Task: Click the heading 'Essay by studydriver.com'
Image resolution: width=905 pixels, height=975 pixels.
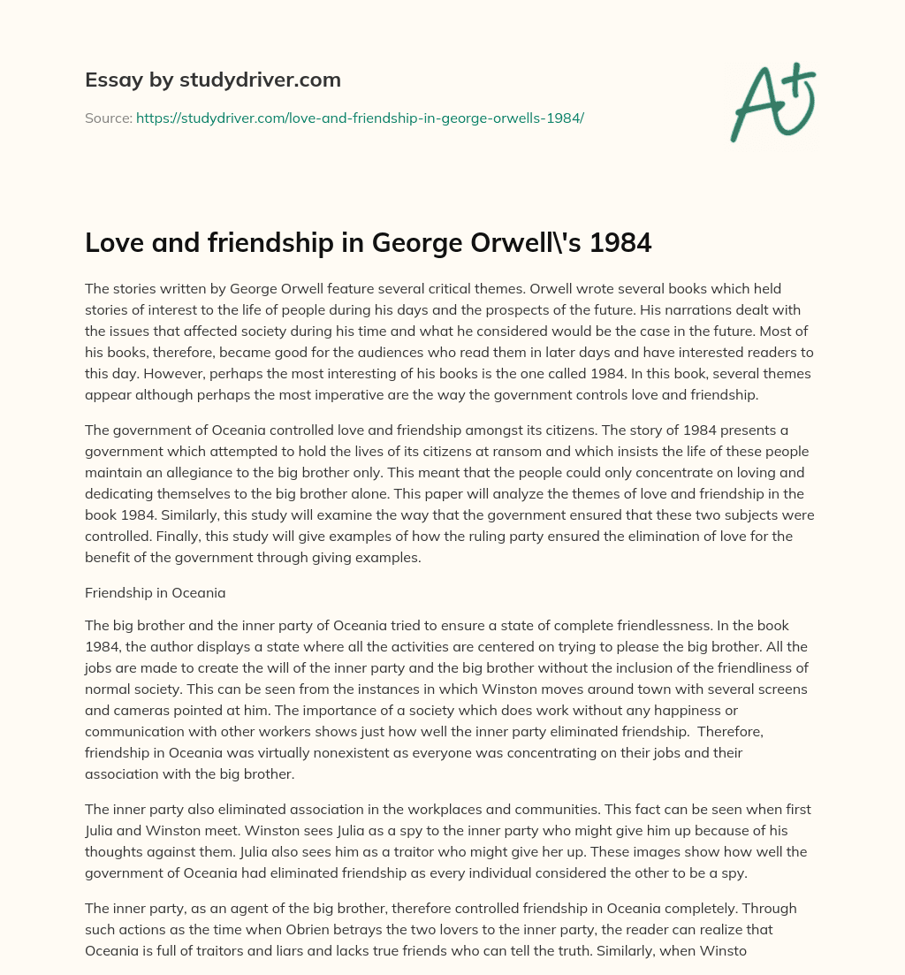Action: [x=212, y=80]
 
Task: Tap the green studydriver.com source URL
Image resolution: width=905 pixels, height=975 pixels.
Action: [x=360, y=118]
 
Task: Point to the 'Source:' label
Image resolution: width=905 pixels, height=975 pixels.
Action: [x=108, y=118]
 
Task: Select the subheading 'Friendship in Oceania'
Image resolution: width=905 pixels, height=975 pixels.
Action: [x=155, y=593]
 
